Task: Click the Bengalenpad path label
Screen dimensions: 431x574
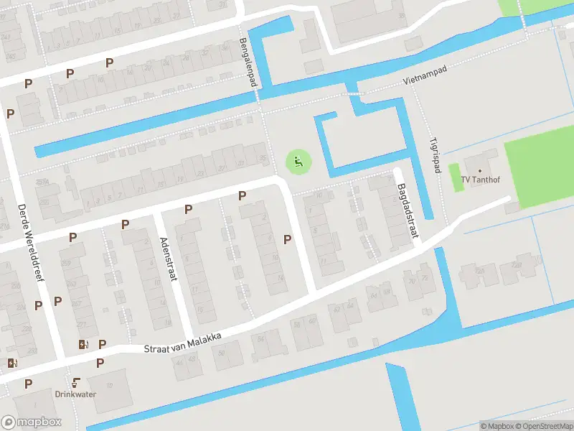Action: click(x=248, y=63)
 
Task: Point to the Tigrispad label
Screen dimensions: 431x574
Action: click(x=434, y=155)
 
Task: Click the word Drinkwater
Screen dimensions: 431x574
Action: click(x=75, y=394)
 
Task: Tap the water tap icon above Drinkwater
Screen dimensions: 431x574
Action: click(x=75, y=382)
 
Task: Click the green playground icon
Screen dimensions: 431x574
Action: click(x=298, y=161)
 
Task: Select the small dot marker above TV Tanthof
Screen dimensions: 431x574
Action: click(x=480, y=171)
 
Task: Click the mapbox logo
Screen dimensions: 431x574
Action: click(x=32, y=422)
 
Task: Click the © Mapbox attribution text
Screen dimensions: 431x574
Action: click(x=497, y=426)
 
